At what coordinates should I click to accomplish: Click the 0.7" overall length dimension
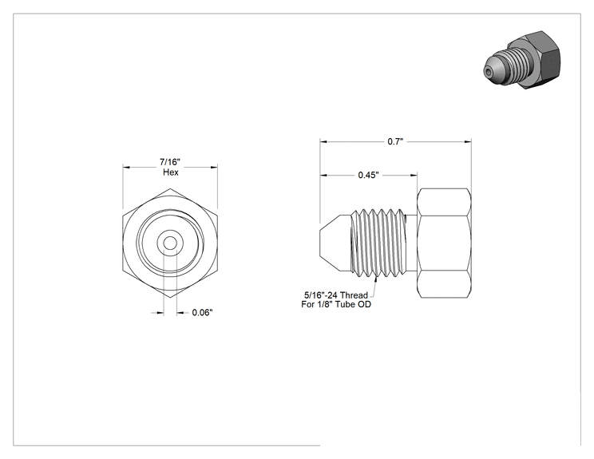tap(395, 141)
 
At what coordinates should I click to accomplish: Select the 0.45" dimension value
tap(369, 175)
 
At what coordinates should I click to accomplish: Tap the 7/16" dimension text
tap(170, 162)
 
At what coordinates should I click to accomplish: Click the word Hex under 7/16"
tap(171, 172)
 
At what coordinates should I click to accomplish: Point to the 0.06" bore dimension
tap(202, 312)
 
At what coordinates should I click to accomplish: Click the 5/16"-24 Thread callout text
tap(336, 295)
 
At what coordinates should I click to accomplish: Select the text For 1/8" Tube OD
tap(336, 304)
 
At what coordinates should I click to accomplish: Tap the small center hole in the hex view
tap(170, 243)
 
